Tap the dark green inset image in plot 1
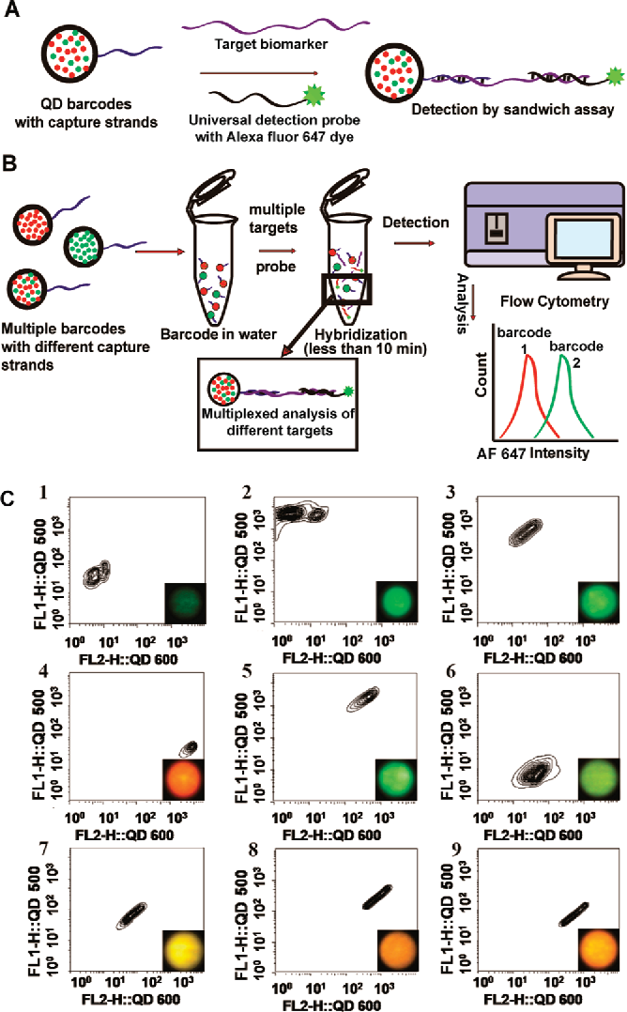coord(185,602)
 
